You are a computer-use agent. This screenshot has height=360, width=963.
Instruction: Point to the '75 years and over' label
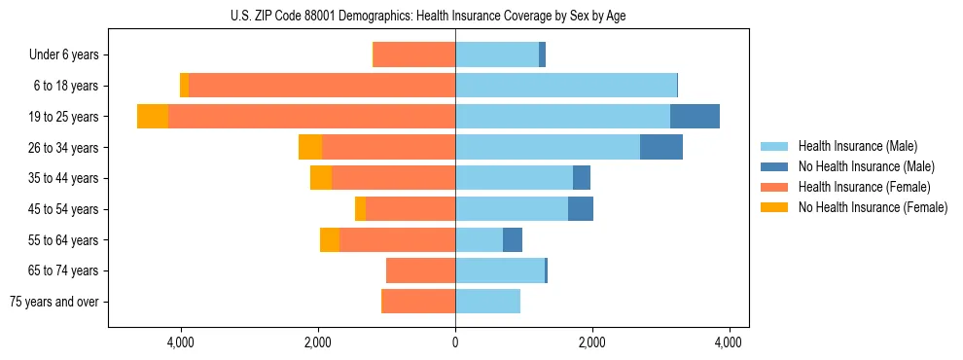point(54,302)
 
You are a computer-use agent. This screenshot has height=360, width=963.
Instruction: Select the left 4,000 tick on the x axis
point(182,342)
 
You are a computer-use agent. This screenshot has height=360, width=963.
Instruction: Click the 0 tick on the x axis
point(455,342)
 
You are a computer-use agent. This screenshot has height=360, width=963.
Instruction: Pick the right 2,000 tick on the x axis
point(592,342)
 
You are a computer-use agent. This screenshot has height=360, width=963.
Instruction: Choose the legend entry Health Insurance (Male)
point(857,146)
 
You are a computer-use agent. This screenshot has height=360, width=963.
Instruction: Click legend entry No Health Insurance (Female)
point(873,207)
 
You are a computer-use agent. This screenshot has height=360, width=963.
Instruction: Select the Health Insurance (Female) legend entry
point(864,187)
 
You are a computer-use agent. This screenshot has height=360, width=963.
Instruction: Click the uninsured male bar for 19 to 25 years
point(695,117)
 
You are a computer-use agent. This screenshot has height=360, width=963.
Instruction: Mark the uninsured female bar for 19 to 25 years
point(153,117)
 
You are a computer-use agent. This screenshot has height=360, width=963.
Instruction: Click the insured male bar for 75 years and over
point(487,302)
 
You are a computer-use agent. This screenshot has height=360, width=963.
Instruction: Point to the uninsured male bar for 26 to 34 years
point(661,147)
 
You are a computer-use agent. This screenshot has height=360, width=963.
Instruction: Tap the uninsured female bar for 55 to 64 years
point(330,240)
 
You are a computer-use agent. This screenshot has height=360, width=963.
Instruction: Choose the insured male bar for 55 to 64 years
point(479,240)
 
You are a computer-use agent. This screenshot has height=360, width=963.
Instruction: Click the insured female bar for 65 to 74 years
point(420,270)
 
